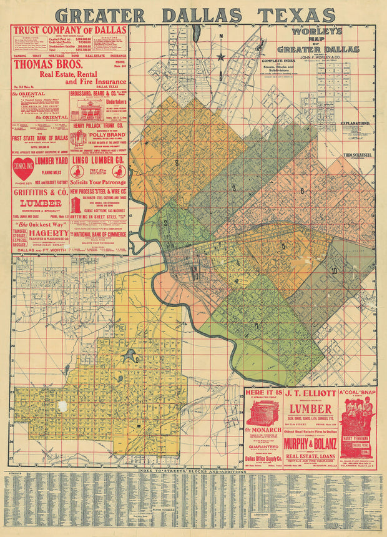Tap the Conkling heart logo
coord(24,169)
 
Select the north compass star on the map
coord(220,57)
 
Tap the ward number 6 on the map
coord(302,190)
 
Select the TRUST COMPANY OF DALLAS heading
coord(69,29)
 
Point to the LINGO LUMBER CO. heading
coord(98,160)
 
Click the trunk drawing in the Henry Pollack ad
coord(77,139)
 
